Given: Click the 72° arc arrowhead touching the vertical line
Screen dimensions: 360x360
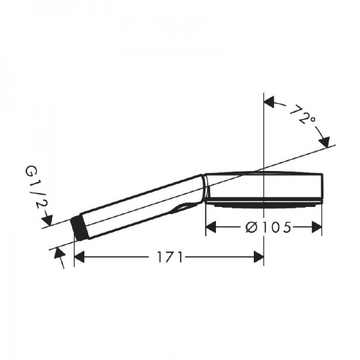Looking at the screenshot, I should pyautogui.click(x=270, y=103).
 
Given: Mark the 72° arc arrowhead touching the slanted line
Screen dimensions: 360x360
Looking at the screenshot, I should pyautogui.click(x=325, y=142).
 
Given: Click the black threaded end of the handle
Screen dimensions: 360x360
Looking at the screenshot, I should pyautogui.click(x=77, y=227).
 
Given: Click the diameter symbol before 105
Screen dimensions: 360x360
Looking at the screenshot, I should pyautogui.click(x=252, y=227).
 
